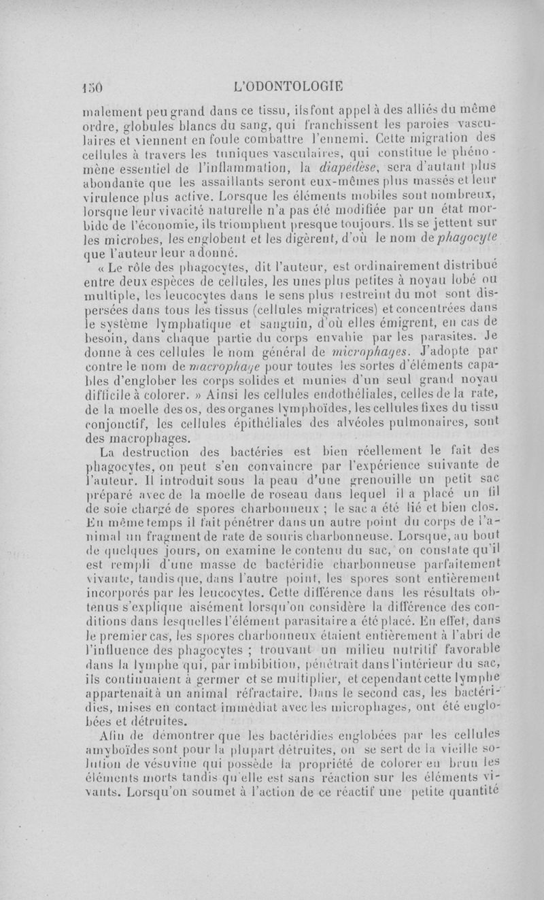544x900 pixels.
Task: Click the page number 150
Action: click(x=88, y=87)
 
